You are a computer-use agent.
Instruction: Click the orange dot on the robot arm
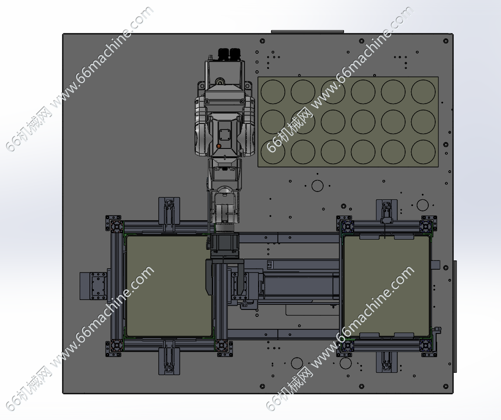[219, 146]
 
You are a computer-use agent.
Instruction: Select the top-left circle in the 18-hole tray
[273, 92]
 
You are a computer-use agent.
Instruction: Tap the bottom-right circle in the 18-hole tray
[423, 152]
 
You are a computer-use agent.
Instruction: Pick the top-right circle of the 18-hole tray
[423, 92]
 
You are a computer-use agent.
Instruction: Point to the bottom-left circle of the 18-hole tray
[273, 152]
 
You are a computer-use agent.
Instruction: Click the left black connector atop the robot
[224, 53]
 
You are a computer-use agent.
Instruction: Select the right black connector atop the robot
[235, 53]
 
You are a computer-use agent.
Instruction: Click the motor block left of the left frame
[95, 286]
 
